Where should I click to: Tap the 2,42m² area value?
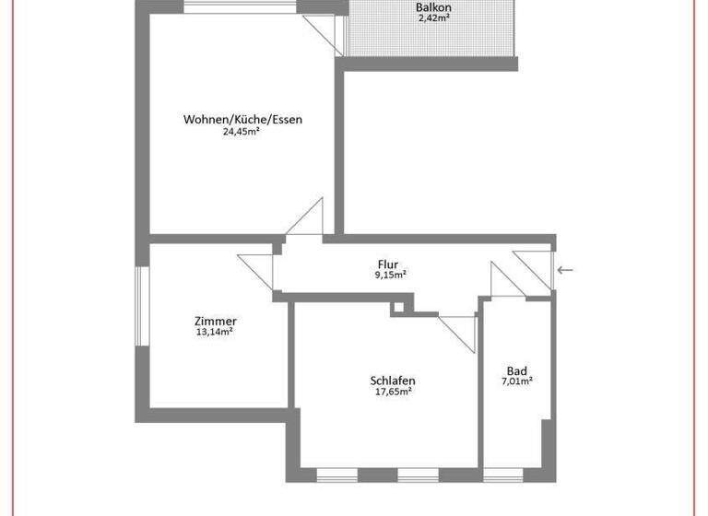tap(433, 18)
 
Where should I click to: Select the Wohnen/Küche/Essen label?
tap(242, 120)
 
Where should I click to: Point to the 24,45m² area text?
tap(241, 132)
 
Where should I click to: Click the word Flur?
tap(388, 264)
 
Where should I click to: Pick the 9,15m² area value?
tap(391, 275)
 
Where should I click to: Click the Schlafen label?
tap(392, 380)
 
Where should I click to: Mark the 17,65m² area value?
tap(393, 391)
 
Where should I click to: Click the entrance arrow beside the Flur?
tap(565, 270)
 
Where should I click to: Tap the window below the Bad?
tap(503, 475)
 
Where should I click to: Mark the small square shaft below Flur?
tap(397, 307)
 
